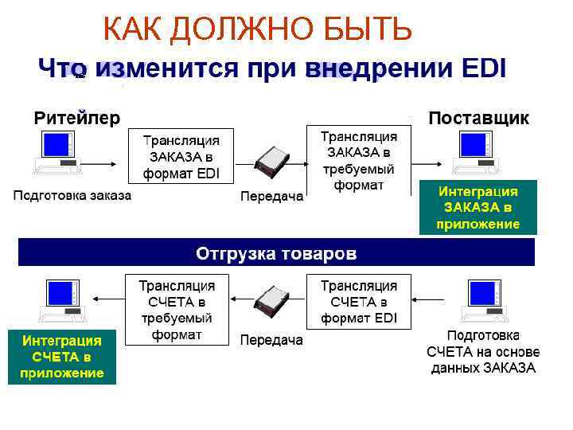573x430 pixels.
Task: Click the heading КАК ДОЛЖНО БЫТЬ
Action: (258, 30)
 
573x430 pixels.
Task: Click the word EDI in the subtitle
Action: (483, 68)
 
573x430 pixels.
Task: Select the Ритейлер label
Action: (76, 118)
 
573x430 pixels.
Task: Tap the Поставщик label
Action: (478, 118)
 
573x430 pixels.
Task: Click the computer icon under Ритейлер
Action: (58, 153)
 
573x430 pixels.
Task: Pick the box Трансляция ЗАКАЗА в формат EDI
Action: (181, 156)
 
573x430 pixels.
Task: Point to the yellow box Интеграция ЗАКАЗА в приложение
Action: (478, 208)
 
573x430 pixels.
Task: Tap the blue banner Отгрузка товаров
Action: (276, 253)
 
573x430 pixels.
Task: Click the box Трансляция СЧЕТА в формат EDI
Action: (359, 302)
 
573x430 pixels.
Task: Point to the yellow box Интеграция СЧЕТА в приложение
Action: (62, 357)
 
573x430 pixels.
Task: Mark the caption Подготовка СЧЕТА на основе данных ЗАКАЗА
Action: (483, 351)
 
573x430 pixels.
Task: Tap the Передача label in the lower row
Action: (271, 341)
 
